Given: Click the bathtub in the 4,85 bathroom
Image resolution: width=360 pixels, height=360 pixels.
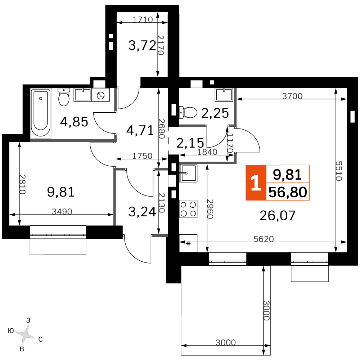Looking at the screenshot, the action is pos(41,114).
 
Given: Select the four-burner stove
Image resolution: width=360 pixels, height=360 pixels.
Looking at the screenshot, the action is pos(188,209).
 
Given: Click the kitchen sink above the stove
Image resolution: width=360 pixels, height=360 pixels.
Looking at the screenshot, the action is pos(188,174).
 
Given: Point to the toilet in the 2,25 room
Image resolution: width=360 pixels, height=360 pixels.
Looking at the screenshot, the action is pos(188,112).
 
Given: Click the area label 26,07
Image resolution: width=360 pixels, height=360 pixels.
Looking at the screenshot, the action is pos(277,216).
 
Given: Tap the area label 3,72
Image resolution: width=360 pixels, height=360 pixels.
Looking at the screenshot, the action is pos(142,45).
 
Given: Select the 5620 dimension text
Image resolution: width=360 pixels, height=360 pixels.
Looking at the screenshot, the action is pos(264,239).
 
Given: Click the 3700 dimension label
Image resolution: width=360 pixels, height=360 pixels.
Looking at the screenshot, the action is pos(292,96).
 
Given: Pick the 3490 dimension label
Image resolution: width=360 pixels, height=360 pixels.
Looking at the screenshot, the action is pos(62,211).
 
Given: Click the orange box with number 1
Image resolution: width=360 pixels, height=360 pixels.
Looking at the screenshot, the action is pos(256,183).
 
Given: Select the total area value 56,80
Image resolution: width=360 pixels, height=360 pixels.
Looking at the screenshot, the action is pos(288,192).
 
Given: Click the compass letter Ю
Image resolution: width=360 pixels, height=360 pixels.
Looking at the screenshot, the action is pos(11,331).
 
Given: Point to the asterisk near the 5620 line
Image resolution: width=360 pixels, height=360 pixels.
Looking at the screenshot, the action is pos(188,244).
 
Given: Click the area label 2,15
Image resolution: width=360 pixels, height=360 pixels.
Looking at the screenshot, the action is pos(190,143).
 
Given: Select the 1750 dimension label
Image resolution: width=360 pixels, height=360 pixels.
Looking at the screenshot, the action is pos(142,156).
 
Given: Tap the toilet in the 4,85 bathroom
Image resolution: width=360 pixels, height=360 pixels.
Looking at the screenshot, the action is pos(64,97).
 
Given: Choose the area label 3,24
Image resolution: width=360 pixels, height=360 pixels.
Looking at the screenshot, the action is pos(142,212).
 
